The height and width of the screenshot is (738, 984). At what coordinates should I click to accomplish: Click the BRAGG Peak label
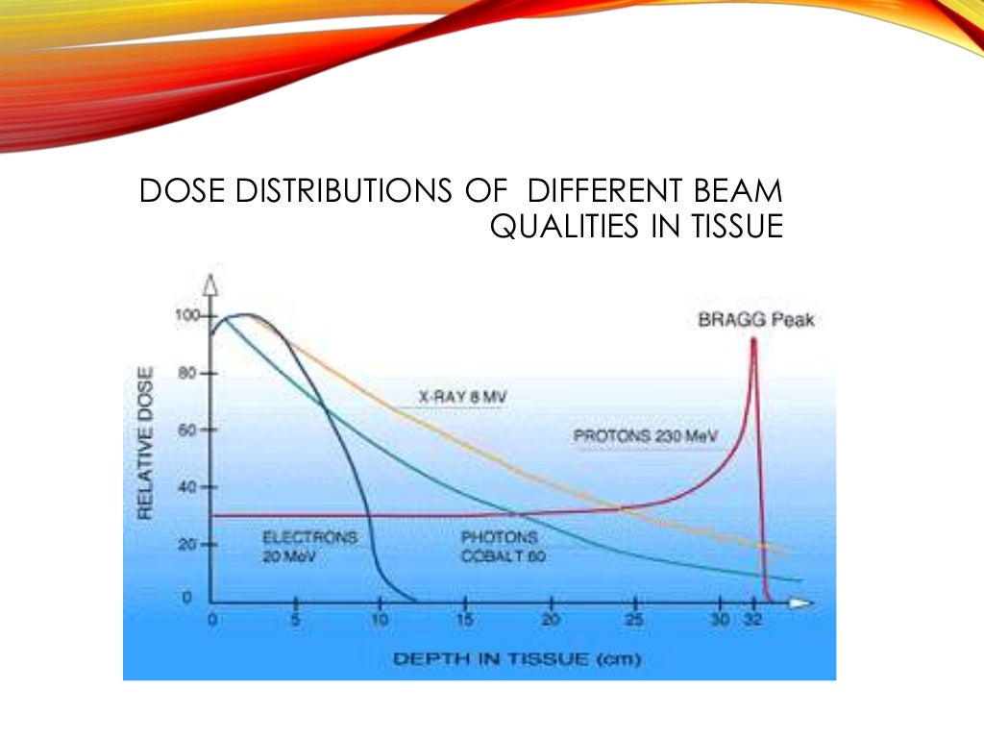[756, 320]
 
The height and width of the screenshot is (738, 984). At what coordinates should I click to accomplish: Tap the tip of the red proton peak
[753, 339]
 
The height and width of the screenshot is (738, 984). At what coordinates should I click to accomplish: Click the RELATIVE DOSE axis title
[145, 443]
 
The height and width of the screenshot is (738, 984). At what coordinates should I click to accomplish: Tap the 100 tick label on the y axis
[184, 315]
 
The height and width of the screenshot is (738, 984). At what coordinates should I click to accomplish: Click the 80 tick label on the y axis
[188, 373]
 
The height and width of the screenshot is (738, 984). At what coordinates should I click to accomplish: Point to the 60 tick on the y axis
[188, 430]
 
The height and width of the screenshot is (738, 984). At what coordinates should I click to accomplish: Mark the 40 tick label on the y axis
[188, 487]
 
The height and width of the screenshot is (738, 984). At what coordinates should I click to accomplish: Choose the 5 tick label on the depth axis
[296, 621]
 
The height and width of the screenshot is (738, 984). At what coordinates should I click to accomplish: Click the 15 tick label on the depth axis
[466, 621]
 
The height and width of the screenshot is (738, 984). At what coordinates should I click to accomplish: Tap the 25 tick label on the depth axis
[635, 621]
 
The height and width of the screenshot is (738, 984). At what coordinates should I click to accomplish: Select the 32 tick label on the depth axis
[753, 621]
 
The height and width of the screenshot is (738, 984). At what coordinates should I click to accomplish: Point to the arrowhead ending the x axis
[800, 603]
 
